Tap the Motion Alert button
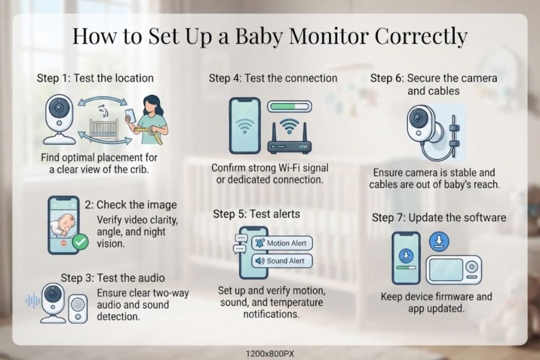pyautogui.click(x=282, y=243)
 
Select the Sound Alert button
pyautogui.click(x=282, y=261)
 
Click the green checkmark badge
pyautogui.click(x=80, y=242)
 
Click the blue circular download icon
pyautogui.click(x=439, y=241)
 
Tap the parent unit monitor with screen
pyautogui.click(x=454, y=270)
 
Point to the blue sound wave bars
pyautogui.click(x=33, y=301)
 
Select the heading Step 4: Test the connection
pyautogui.click(x=273, y=78)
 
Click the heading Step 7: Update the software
pyautogui.click(x=439, y=218)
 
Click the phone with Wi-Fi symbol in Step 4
pyautogui.click(x=245, y=125)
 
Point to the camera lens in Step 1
pyautogui.click(x=59, y=108)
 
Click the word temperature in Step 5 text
pyautogui.click(x=294, y=303)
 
